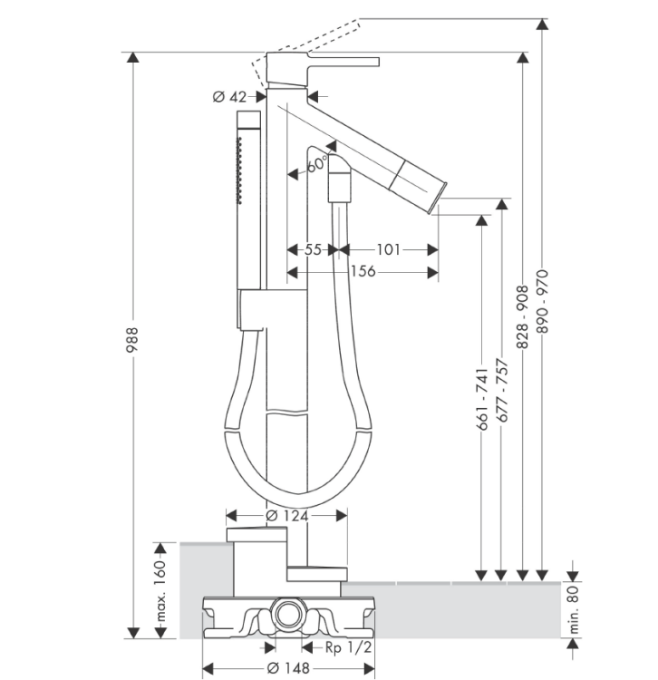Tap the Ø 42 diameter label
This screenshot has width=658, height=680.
click(229, 97)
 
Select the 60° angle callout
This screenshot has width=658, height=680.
click(318, 164)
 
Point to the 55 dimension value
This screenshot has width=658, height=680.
click(313, 249)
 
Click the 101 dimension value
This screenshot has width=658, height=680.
click(388, 249)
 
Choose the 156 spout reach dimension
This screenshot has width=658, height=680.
click(363, 271)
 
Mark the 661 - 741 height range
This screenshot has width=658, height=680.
click(482, 399)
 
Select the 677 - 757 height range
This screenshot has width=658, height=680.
click(502, 390)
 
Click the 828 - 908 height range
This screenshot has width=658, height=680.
click(523, 317)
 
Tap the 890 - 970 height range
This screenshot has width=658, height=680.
click(542, 301)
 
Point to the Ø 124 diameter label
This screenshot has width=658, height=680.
click(287, 516)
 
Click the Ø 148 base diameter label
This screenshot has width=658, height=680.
click(288, 668)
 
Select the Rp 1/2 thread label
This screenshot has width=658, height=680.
click(349, 647)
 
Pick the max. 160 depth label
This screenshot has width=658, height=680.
click(160, 590)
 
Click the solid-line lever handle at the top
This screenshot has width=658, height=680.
click(344, 62)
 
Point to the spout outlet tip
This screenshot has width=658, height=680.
click(438, 198)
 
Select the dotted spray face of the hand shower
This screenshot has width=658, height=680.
click(239, 170)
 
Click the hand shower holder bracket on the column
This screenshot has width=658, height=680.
click(251, 310)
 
